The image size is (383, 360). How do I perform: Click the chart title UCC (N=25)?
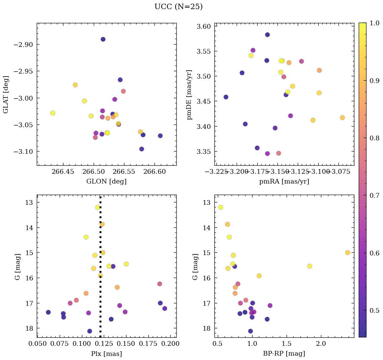pyautogui.click(x=178, y=7)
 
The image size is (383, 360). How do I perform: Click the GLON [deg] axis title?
pyautogui.click(x=106, y=181)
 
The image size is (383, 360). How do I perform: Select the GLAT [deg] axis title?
pyautogui.click(x=6, y=94)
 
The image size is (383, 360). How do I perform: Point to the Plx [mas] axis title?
pyautogui.click(x=106, y=354)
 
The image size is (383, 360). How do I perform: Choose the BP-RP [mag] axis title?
pyautogui.click(x=284, y=354)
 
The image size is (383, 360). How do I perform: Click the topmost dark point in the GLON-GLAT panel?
pyautogui.click(x=103, y=39)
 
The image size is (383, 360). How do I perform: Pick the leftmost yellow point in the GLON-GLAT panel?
pyautogui.click(x=53, y=113)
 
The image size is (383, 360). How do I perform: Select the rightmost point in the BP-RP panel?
pyautogui.click(x=348, y=253)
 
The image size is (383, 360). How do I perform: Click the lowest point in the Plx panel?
pyautogui.click(x=90, y=331)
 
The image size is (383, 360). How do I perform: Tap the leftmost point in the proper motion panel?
pyautogui.click(x=226, y=97)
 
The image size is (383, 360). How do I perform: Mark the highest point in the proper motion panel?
pyautogui.click(x=267, y=35)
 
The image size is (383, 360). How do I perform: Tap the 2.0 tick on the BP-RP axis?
pyautogui.click(x=321, y=344)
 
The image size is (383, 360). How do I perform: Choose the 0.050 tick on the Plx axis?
pyautogui.click(x=37, y=344)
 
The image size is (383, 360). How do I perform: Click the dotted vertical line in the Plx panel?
pyautogui.click(x=100, y=270)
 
